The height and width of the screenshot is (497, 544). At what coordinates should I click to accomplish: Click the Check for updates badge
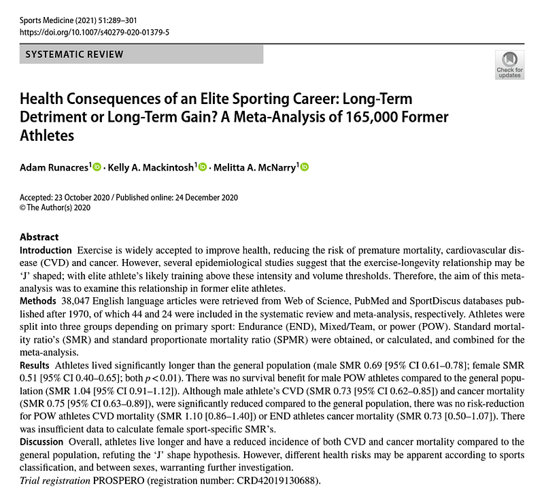point(509,63)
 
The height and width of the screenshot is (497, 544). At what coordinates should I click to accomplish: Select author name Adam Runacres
point(52,167)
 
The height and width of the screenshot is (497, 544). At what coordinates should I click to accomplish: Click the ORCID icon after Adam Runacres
point(97,167)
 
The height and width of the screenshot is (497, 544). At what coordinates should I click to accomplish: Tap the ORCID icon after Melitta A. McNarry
point(304,167)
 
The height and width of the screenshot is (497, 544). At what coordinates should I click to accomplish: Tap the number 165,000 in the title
point(371,117)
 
